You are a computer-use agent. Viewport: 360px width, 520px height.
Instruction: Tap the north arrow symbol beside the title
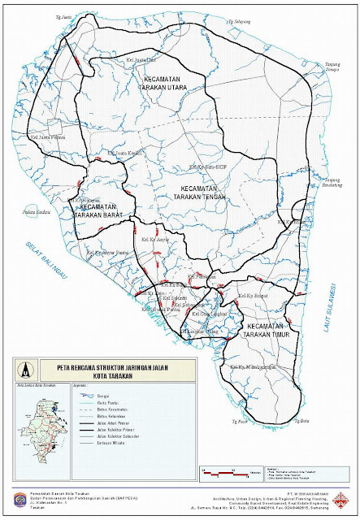pyautogui.click(x=28, y=368)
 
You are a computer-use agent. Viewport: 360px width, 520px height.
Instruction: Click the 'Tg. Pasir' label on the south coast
pyautogui.click(x=238, y=422)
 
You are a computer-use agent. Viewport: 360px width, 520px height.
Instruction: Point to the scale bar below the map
pyautogui.click(x=224, y=472)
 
